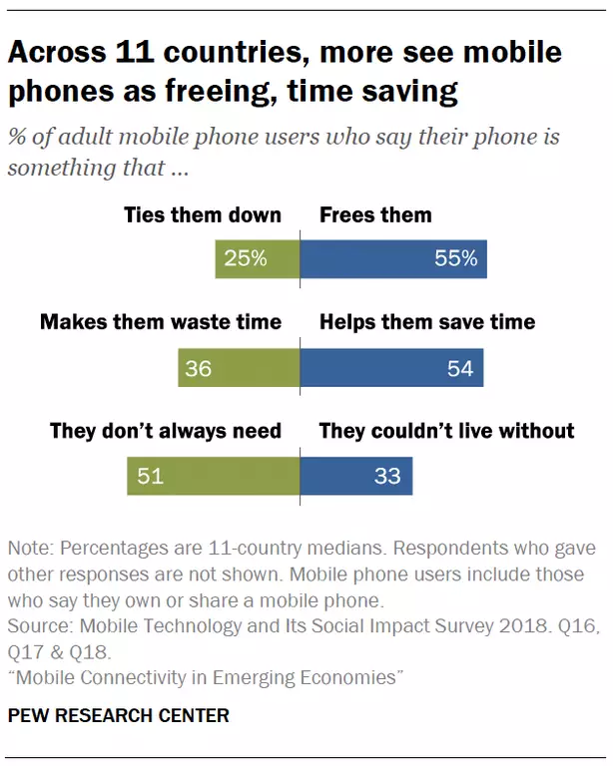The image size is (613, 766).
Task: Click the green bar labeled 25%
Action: tap(257, 259)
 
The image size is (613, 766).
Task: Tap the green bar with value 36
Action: tap(238, 368)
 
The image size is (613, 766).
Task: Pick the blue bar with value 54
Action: tap(391, 368)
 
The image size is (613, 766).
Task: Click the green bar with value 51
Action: tap(213, 476)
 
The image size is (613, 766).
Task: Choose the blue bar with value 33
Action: tap(355, 476)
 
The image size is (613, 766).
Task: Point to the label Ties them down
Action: tap(203, 214)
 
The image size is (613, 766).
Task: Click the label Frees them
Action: tap(375, 214)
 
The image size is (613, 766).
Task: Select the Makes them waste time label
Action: tap(161, 322)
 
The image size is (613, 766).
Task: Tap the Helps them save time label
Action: tap(427, 322)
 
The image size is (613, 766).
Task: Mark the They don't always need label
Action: tap(166, 431)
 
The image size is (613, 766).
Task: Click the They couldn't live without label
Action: tap(446, 431)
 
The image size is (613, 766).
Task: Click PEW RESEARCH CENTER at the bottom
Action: tap(119, 715)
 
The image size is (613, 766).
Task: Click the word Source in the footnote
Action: tap(39, 625)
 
